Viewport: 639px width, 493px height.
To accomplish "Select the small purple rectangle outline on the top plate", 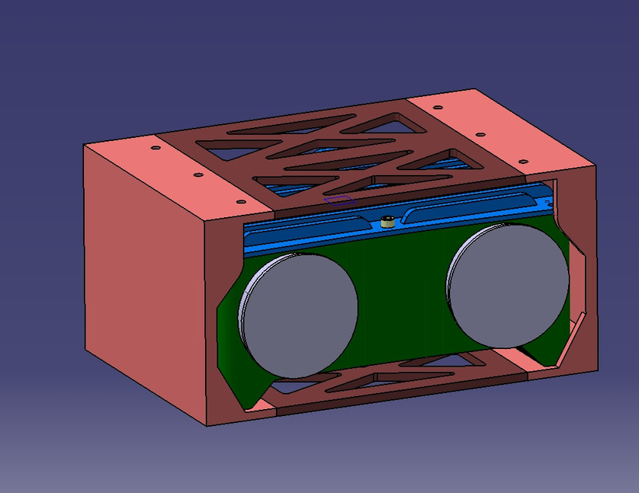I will [338, 199].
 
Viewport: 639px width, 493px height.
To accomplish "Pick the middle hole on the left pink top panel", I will [197, 175].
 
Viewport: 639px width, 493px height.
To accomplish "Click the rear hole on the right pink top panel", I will [438, 108].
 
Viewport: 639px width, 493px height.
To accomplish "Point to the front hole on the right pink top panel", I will [523, 162].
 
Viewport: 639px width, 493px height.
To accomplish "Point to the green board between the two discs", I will [401, 300].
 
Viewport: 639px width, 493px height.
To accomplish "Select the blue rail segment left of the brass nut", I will [308, 231].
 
